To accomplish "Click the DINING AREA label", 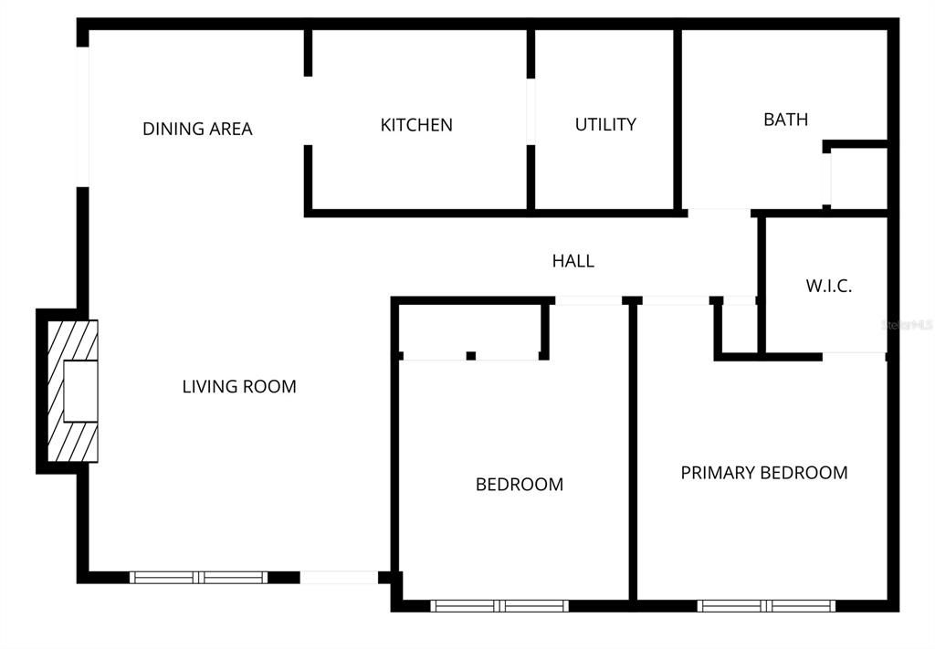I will point(197,129).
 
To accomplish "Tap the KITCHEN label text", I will point(416,125).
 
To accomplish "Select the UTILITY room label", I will point(605,124).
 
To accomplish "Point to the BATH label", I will point(785,120).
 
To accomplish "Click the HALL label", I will point(573,261).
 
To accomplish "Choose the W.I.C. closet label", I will point(828,286).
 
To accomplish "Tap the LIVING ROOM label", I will point(239,386).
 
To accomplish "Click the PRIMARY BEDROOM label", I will point(764,473).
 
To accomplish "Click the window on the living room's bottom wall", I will point(198,577).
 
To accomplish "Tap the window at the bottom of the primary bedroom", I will point(766,605).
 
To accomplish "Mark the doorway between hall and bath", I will point(719,213).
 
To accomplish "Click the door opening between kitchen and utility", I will point(531,112).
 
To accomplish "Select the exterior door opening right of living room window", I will point(339,577).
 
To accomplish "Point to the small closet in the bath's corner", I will point(858,177).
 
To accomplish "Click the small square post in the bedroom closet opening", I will point(470,355).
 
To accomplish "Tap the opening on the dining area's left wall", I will point(83,116).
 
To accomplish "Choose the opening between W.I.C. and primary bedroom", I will point(854,355).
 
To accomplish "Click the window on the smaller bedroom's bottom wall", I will point(499,605).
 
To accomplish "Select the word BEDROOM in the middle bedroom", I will point(519,485).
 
